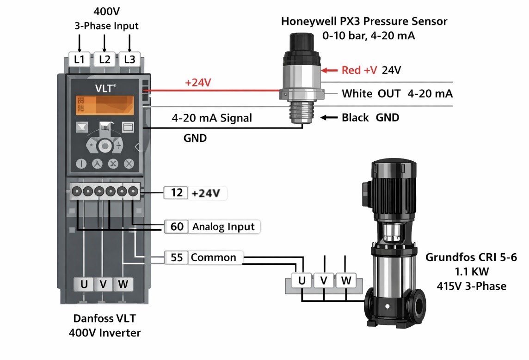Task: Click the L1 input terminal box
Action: tap(80, 60)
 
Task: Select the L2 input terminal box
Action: tap(105, 60)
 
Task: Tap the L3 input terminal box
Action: tap(130, 60)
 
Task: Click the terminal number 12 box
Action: tap(176, 193)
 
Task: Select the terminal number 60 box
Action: tap(177, 226)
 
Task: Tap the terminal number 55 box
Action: tap(176, 257)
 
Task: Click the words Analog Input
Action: tap(224, 226)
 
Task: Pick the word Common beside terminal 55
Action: tap(214, 257)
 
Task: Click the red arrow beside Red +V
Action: tap(330, 70)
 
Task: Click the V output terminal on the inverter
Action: tap(103, 284)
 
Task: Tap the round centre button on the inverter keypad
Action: tap(105, 146)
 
